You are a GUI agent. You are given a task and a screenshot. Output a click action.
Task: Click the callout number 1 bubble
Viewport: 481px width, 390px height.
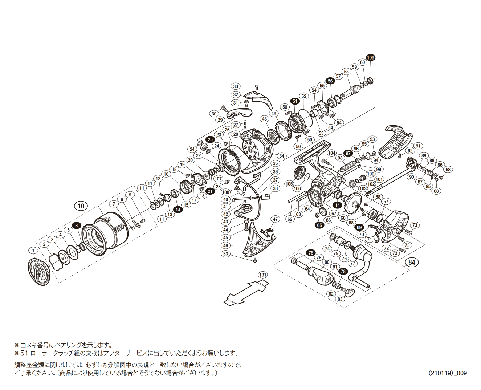coord(33,251)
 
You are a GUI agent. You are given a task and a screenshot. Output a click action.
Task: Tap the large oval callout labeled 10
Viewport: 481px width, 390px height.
coord(81,206)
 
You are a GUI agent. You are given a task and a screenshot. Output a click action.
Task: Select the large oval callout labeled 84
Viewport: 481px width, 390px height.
coord(412,263)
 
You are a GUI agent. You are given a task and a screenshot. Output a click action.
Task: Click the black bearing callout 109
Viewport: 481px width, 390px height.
coord(370,58)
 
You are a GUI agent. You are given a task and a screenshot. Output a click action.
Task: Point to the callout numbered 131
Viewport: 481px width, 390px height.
coord(262,275)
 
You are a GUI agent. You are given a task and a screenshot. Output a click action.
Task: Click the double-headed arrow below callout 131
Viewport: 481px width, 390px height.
coord(246,293)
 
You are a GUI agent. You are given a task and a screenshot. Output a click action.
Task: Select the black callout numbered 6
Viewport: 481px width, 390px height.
coord(76,226)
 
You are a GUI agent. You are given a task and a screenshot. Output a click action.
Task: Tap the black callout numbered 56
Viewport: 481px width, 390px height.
coord(330,81)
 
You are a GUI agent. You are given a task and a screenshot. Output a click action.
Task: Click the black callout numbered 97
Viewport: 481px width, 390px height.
coord(348,153)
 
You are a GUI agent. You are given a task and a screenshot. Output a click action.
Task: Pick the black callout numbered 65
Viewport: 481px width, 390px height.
coord(319,225)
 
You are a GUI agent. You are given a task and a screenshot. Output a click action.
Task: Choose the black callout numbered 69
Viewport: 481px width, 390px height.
coord(359,228)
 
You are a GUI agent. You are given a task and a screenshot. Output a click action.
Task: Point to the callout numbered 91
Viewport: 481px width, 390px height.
coord(418,146)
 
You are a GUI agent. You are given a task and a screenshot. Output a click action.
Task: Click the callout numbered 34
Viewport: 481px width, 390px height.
coord(282,156)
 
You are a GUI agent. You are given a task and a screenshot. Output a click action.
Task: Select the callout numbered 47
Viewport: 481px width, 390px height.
coord(276,219)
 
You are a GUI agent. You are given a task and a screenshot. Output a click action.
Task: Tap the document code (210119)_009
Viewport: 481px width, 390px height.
coord(447,373)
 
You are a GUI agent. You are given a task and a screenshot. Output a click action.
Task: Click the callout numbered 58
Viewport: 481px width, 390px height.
coord(346,72)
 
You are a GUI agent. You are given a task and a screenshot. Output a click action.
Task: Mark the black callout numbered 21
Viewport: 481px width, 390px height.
coord(210,191)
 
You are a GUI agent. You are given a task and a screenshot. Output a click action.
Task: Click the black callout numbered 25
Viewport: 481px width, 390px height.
coord(210,139)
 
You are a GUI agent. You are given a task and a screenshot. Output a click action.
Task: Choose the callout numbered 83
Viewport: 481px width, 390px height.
coord(340,299)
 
